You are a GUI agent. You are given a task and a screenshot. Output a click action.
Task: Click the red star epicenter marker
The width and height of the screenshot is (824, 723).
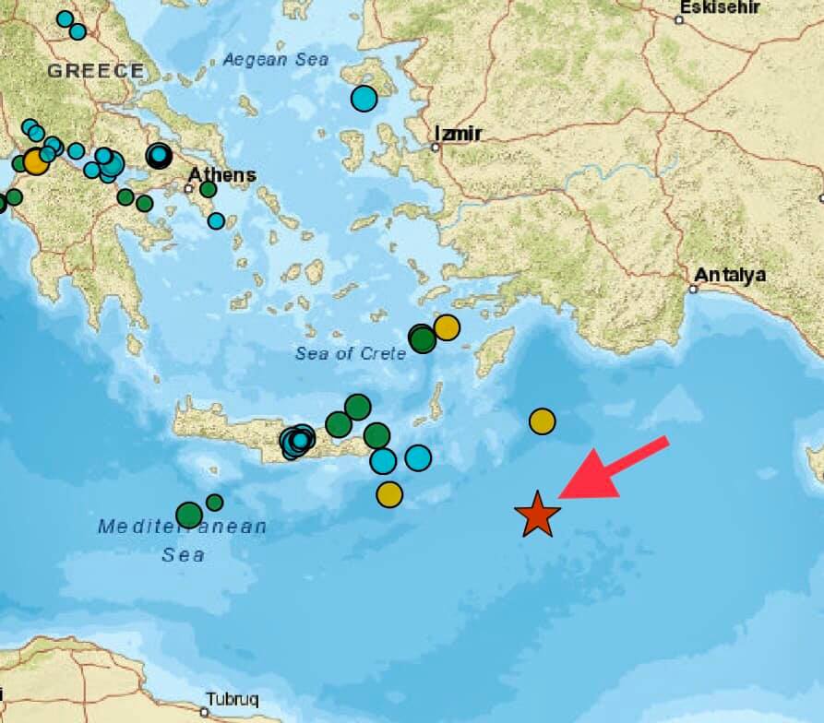tap(537, 515)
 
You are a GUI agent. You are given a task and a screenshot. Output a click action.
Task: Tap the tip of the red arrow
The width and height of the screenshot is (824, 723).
tap(562, 495)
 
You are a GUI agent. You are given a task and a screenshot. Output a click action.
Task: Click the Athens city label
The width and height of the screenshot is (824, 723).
tap(222, 175)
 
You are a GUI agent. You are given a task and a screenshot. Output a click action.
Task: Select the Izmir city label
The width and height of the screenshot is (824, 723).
tap(458, 135)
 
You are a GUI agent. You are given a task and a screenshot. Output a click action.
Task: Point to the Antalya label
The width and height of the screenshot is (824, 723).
tap(730, 275)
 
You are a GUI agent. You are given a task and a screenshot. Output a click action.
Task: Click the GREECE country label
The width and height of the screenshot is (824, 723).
tap(96, 70)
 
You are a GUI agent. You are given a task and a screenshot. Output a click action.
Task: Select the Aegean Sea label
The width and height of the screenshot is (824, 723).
tap(275, 60)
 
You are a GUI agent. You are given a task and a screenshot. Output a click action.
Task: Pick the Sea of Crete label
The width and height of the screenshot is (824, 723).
tap(351, 353)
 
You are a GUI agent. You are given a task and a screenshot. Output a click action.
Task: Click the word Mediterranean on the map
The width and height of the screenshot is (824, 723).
tap(182, 527)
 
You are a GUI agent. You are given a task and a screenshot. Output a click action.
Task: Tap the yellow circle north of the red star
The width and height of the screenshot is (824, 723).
tap(543, 421)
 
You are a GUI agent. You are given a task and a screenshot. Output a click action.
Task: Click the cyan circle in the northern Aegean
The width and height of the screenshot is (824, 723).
tap(364, 98)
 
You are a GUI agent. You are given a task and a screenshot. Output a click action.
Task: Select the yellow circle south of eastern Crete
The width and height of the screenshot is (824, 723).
tap(389, 494)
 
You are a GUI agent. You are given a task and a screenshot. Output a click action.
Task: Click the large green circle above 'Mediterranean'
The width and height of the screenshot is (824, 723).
tap(189, 515)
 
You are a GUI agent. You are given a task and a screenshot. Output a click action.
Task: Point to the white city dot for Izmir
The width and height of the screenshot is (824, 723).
tap(436, 147)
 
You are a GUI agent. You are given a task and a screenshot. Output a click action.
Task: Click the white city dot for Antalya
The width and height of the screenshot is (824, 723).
tap(692, 289)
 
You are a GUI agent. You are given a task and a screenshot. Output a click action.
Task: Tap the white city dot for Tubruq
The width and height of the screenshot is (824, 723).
tap(205, 711)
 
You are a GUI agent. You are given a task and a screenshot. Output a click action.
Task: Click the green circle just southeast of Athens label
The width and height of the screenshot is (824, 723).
tap(208, 190)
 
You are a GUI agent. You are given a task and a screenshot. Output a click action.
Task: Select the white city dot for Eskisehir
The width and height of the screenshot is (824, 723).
tap(679, 19)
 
